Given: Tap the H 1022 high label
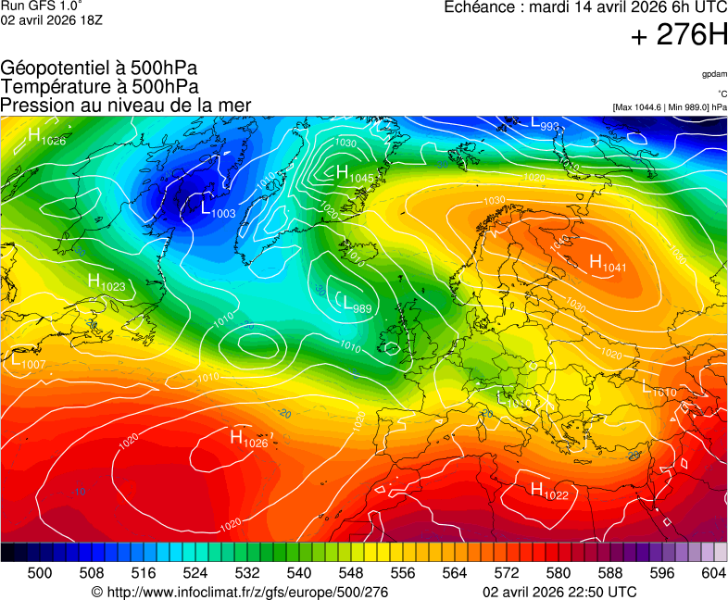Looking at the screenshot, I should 548,492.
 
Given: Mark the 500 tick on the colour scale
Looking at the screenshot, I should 40,573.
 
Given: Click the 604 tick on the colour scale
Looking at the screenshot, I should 713,573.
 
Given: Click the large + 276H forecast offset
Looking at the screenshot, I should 678,35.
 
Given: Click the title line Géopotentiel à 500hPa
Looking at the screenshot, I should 99,69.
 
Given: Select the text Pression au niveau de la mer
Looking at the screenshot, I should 126,105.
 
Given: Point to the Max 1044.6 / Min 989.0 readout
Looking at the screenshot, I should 670,107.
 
